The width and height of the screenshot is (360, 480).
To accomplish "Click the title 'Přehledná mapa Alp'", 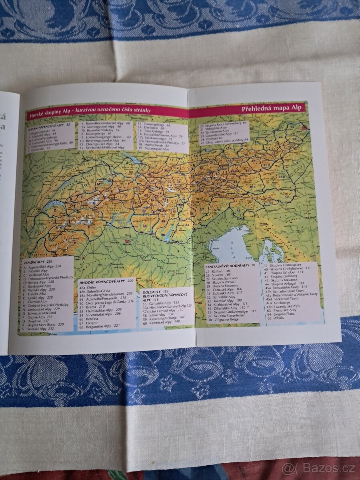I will pyautogui.click(x=273, y=108).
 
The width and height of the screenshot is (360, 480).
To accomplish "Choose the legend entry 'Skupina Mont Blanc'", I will pyautogui.click(x=44, y=324).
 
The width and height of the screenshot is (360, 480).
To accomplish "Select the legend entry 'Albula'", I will pyautogui.click(x=279, y=318).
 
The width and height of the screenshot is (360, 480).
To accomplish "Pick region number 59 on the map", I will pyautogui.click(x=286, y=196).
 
